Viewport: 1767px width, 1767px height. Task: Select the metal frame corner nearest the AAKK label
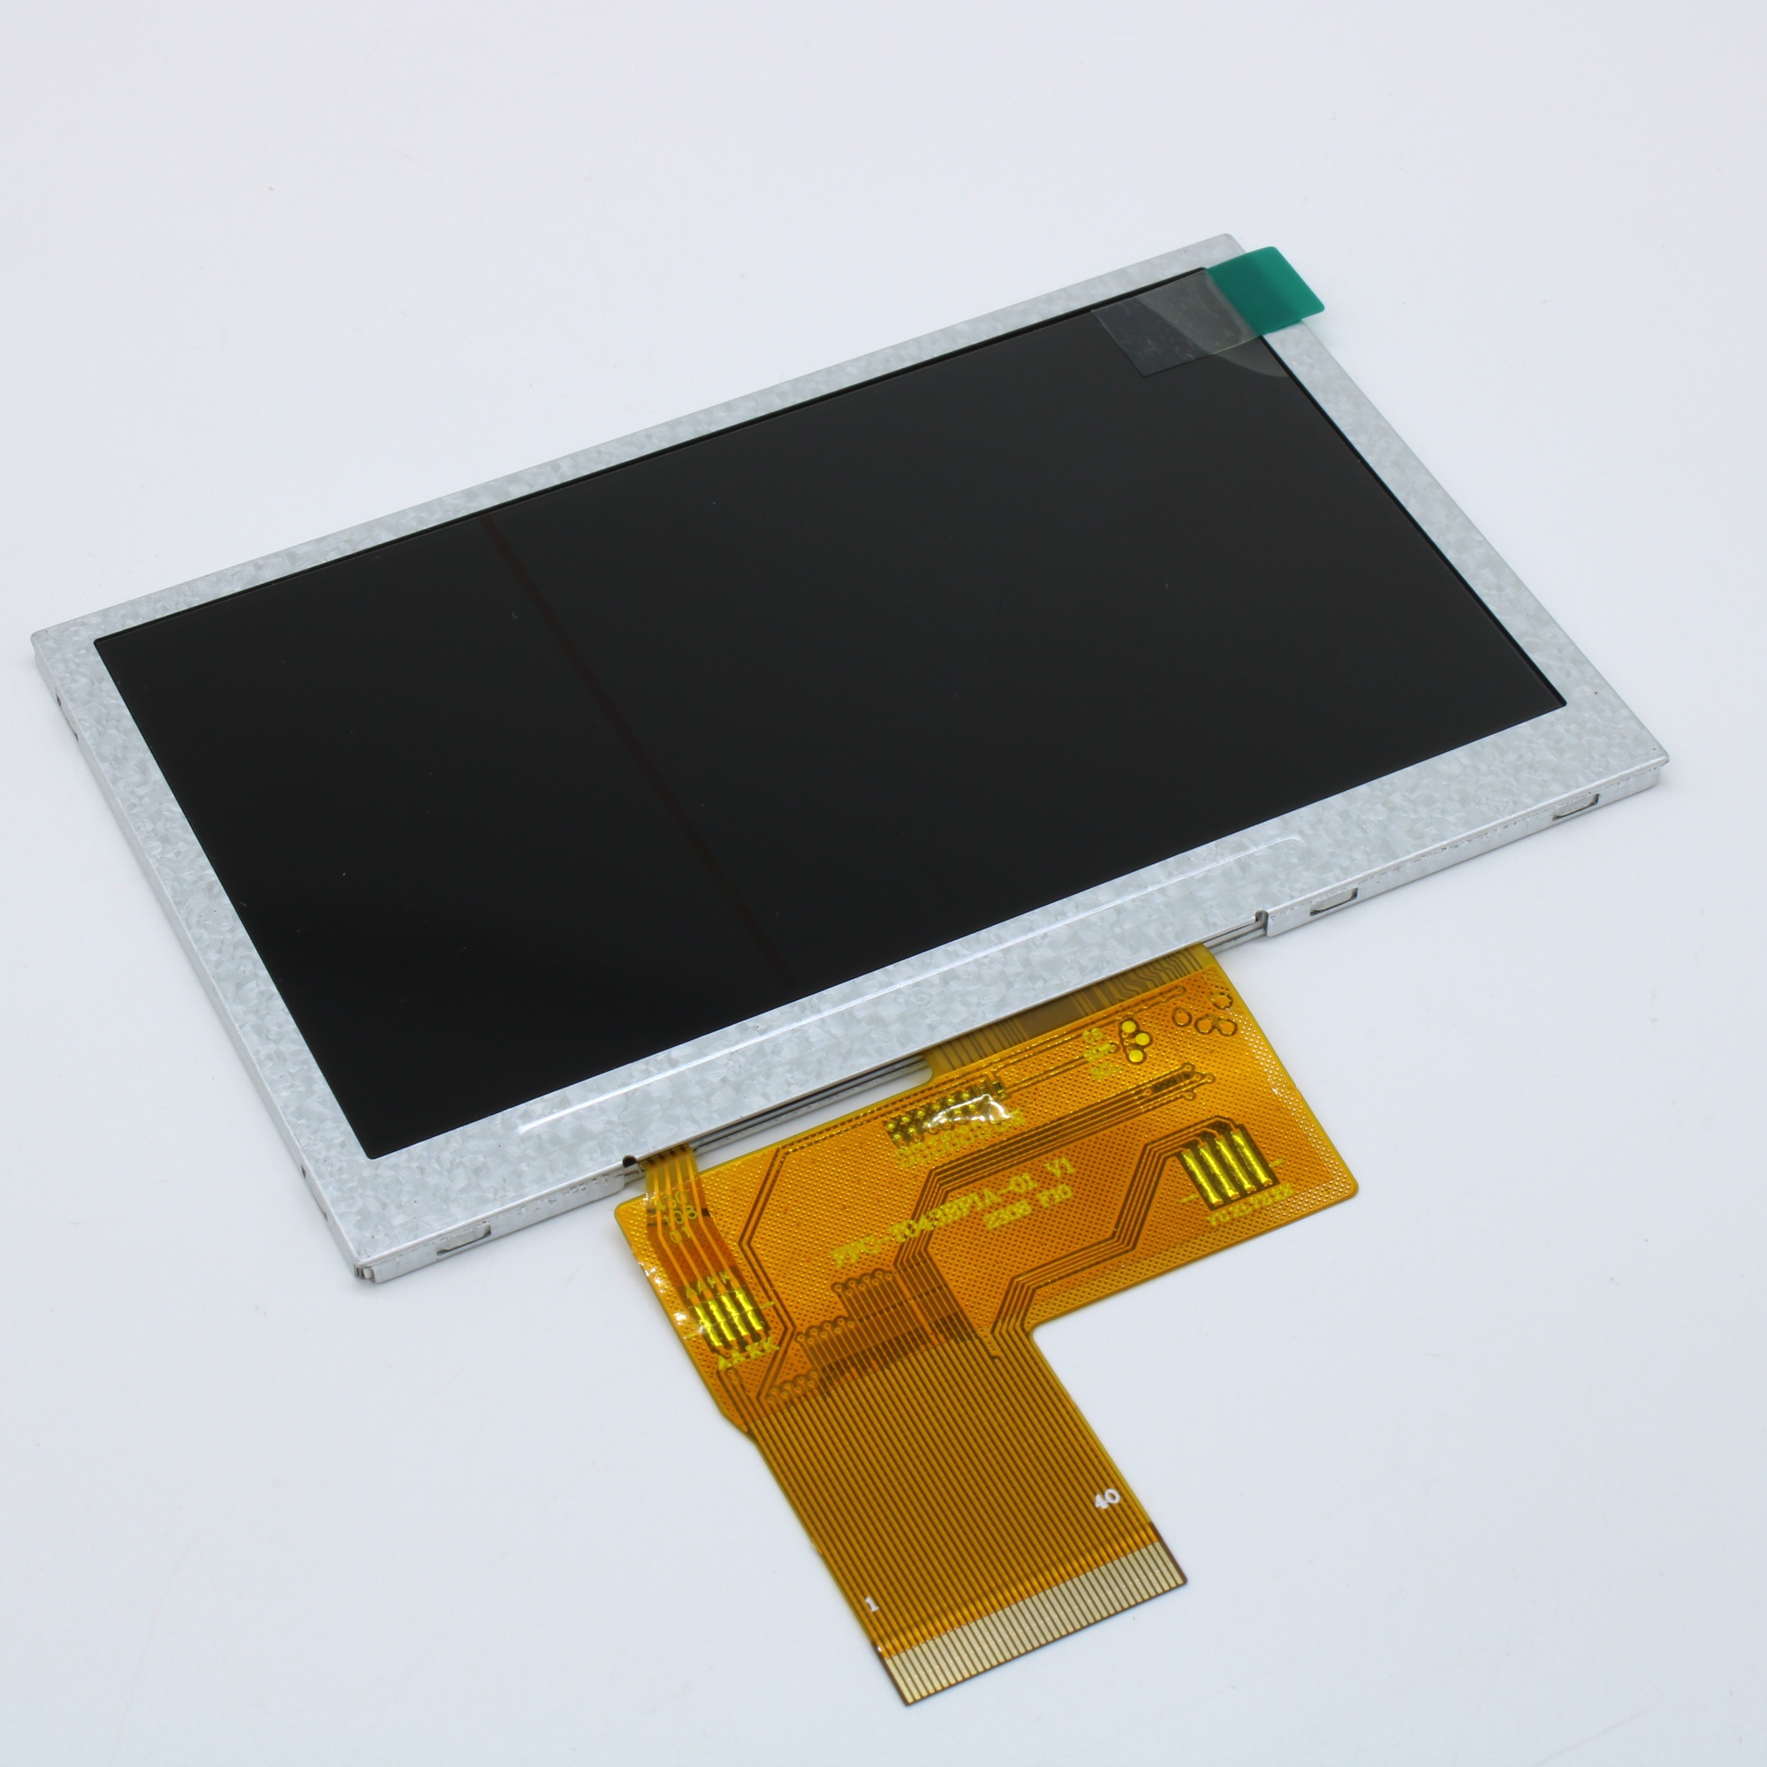point(357,1276)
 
